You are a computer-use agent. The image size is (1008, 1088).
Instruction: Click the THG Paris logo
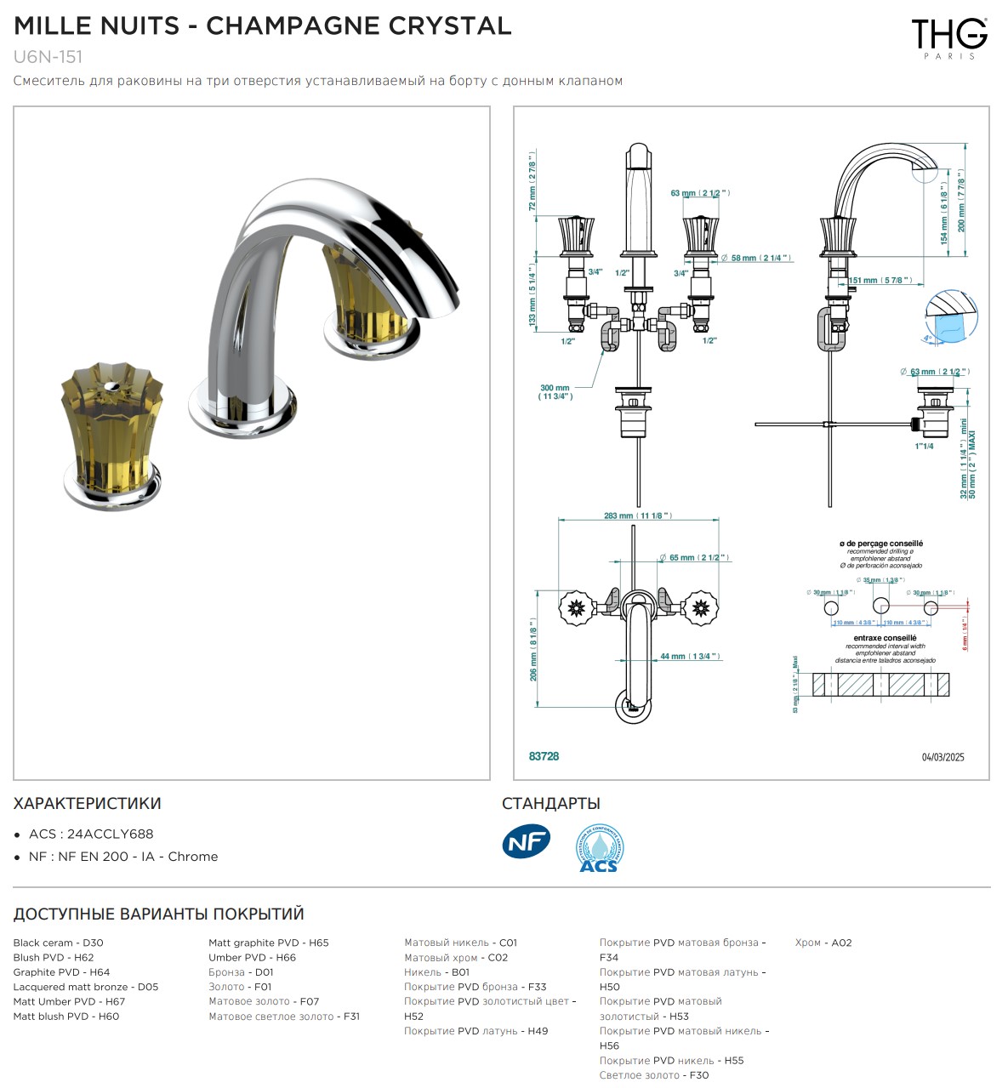click(948, 37)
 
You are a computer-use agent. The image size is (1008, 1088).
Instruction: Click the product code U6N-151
click(48, 57)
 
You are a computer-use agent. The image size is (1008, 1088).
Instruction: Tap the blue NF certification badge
click(526, 842)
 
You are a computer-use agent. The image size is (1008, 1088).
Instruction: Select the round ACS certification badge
click(599, 848)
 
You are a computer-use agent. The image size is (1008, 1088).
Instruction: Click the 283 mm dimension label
click(637, 516)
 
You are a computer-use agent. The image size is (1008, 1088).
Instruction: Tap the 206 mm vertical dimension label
click(533, 653)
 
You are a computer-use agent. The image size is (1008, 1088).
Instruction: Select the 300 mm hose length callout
click(555, 392)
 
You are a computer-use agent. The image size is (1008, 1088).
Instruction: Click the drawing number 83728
click(544, 756)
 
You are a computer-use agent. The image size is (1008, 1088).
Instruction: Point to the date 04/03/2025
click(943, 757)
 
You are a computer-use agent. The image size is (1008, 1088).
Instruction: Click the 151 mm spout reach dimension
click(879, 280)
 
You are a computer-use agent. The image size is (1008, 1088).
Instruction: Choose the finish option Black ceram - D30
click(58, 943)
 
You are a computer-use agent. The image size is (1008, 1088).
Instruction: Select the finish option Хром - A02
click(823, 943)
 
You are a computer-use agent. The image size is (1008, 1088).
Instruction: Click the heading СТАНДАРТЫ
click(550, 803)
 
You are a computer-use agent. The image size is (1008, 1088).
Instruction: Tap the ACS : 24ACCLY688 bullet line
click(91, 835)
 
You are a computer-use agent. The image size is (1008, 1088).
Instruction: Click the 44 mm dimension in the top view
click(689, 656)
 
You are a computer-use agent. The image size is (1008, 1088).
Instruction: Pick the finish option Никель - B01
click(436, 972)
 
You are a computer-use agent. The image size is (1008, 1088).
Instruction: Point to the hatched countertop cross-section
click(880, 685)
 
